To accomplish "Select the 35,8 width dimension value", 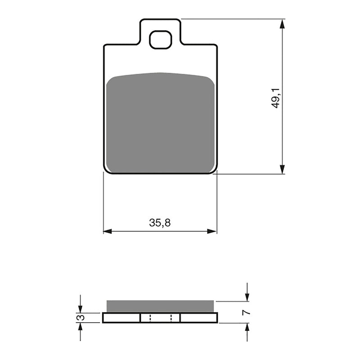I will click(160, 222).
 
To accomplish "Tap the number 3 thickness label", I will click(81, 318).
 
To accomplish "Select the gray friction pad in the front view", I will click(160, 122).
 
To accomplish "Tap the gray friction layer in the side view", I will click(160, 306).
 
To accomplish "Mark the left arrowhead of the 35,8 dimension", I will click(108, 231).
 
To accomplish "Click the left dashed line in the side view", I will click(150, 318).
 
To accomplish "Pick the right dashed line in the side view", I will click(171, 318).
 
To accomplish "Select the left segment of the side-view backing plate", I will click(121, 318).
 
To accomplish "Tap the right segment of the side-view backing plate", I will click(198, 318).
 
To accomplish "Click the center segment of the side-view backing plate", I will click(160, 318).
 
